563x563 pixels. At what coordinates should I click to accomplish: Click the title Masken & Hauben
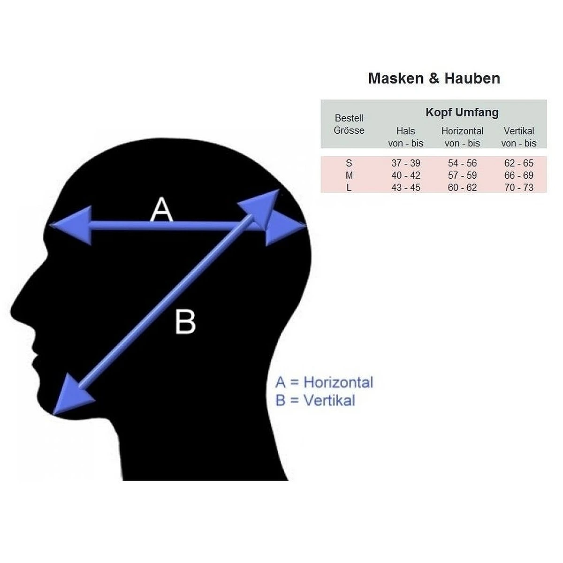(x=434, y=78)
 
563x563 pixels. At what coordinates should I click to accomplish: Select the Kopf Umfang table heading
(x=462, y=113)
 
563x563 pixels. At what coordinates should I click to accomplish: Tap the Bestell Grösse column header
(x=349, y=124)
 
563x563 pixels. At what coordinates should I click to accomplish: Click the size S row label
(x=349, y=163)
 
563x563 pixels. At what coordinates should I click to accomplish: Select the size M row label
(x=349, y=175)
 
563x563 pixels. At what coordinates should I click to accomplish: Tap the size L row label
(x=349, y=188)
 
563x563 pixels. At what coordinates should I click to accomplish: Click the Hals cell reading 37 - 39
(x=405, y=163)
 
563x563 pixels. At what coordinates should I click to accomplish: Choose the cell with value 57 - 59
(x=462, y=175)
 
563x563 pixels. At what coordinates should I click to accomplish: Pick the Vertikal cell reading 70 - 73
(x=518, y=188)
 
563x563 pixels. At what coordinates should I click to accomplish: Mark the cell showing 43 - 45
(x=405, y=188)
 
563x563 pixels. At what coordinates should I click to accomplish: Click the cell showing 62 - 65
(x=518, y=163)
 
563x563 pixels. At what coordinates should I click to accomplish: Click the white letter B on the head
(x=185, y=322)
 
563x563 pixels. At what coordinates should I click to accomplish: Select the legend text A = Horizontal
(x=324, y=382)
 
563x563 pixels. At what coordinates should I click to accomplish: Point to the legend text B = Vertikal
(x=315, y=401)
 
